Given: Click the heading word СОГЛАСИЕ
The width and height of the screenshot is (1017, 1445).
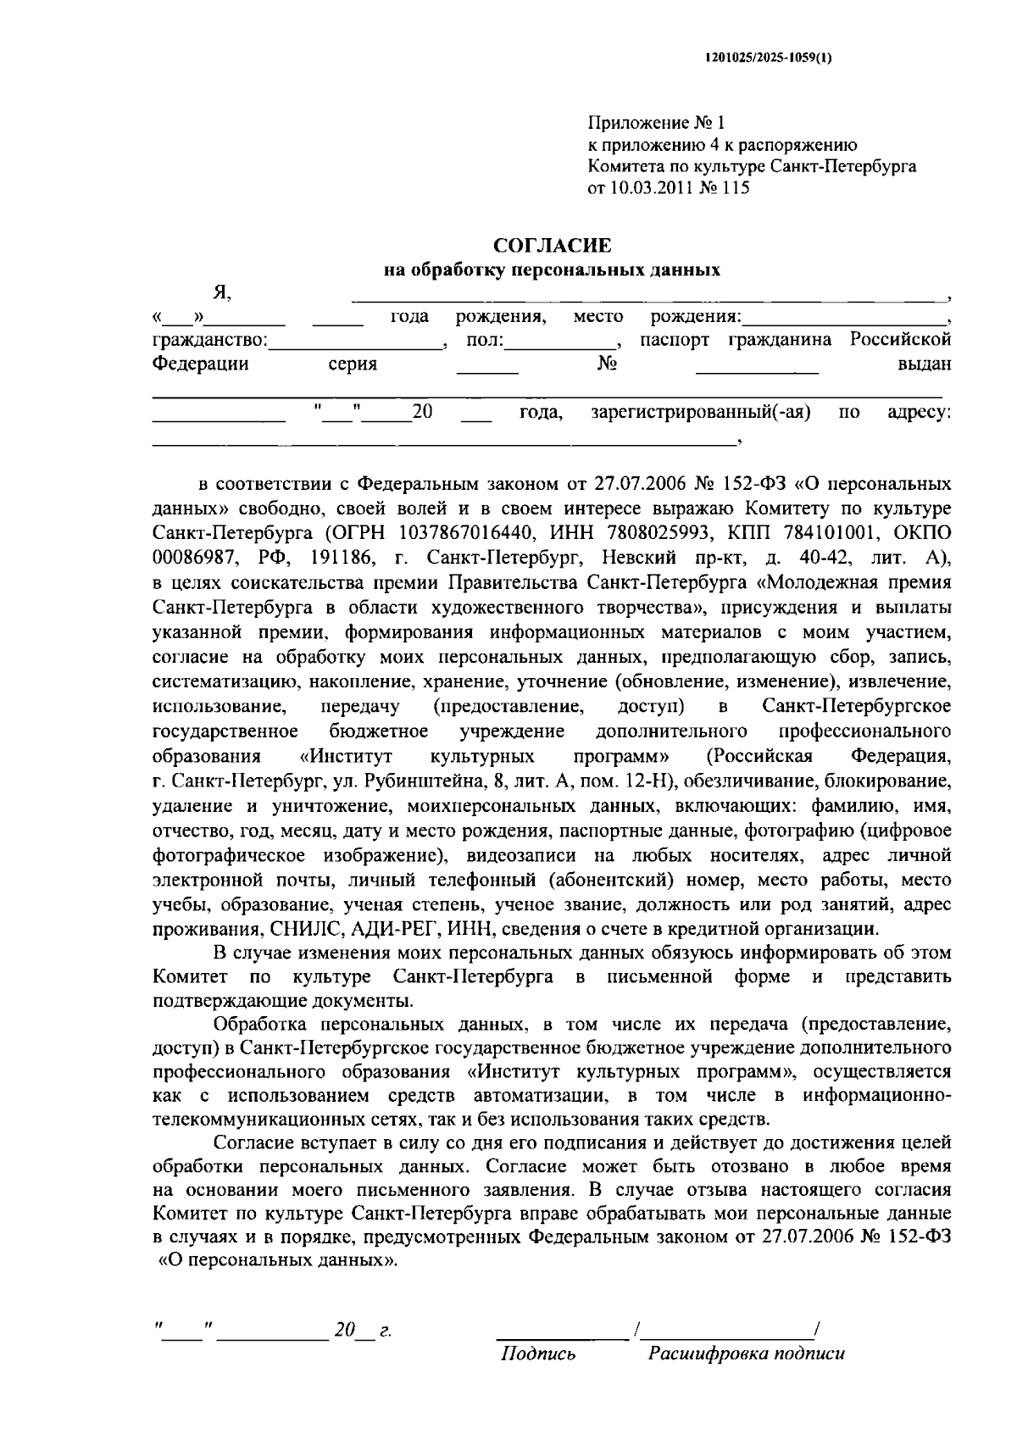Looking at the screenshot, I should [552, 247].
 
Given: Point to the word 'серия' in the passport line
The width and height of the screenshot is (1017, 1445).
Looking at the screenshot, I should [353, 364].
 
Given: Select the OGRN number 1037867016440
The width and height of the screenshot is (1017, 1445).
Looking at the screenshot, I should [469, 534].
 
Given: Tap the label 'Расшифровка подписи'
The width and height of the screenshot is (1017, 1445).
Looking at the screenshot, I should [747, 1353].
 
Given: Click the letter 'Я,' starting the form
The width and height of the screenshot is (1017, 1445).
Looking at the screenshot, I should [222, 292].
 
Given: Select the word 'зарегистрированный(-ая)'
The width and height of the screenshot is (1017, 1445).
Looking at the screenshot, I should [701, 413].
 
